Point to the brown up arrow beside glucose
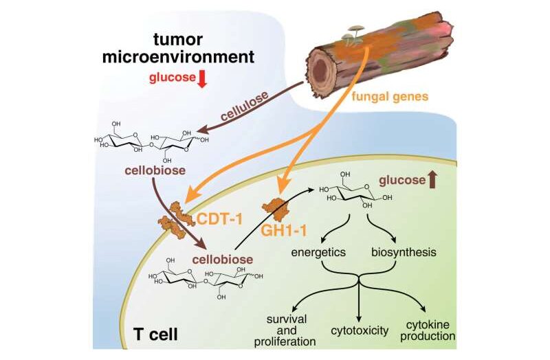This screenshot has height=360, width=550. coord(432,180)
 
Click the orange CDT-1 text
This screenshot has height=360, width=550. coord(222,219)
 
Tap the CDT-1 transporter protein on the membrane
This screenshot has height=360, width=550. coord(178,216)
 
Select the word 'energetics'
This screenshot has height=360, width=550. coord(319,252)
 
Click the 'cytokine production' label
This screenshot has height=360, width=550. coord(430,329)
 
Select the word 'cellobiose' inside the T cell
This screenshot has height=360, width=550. coord(221,259)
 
